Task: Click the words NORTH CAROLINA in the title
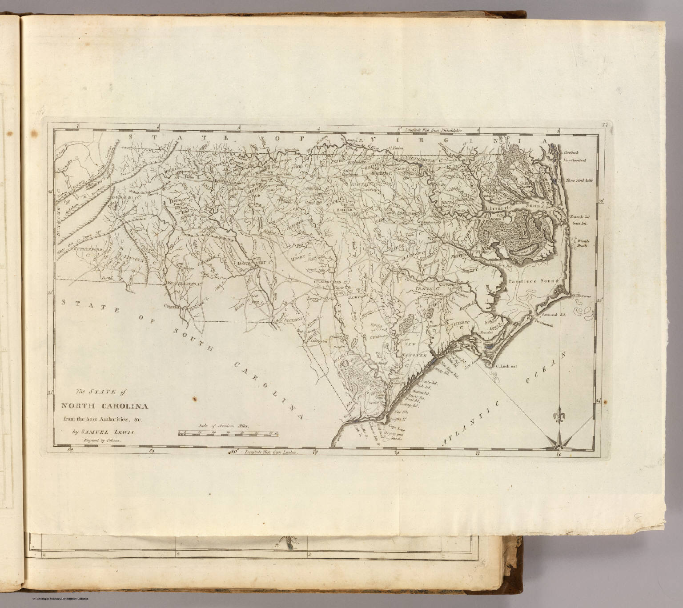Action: (99, 406)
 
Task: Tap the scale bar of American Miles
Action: (227, 432)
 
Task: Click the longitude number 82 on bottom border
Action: (68, 451)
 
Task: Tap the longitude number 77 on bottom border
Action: (478, 453)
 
